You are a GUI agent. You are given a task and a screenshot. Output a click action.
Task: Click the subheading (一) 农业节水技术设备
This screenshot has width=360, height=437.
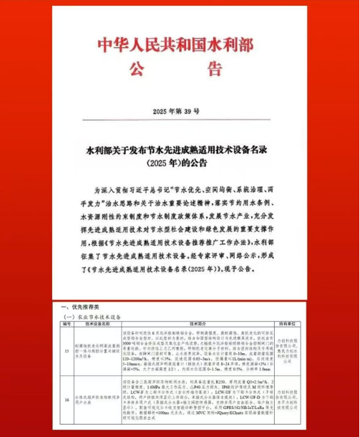click(x=96, y=315)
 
